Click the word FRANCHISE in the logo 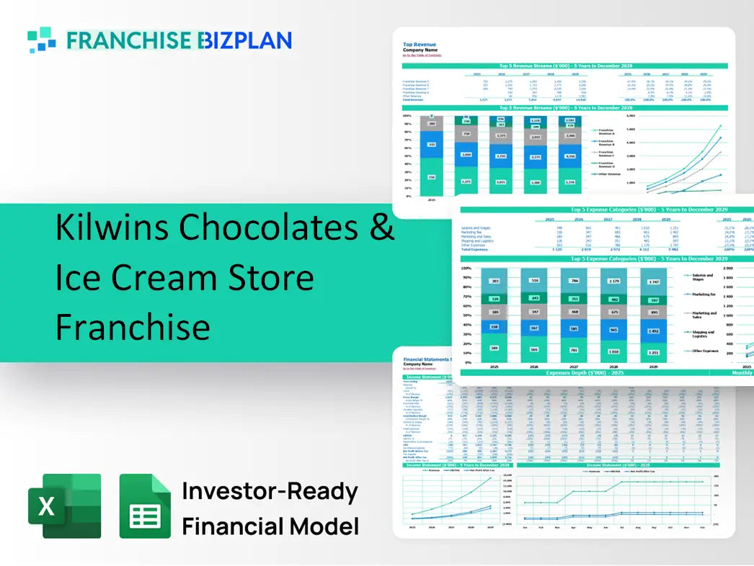[130, 40]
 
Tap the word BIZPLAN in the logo [245, 40]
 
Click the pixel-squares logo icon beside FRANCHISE [41, 40]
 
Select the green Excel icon [64, 506]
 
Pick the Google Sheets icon [145, 506]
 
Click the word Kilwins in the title [112, 228]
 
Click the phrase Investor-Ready [270, 492]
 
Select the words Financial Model [270, 526]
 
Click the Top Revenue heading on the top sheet [419, 44]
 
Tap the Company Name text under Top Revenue [420, 50]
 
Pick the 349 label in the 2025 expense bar [493, 349]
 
